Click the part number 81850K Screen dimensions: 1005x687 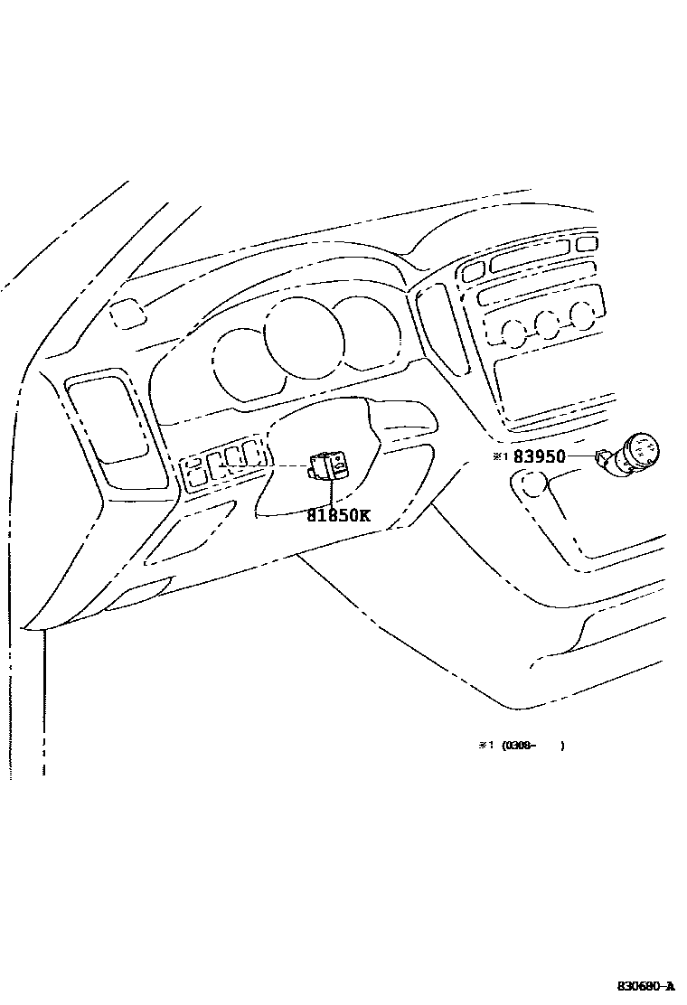point(338,516)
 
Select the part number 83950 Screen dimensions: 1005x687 point(539,457)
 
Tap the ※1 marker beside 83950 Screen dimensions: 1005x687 point(500,457)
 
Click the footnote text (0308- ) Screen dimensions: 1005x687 point(533,746)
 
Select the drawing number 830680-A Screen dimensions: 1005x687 point(646,985)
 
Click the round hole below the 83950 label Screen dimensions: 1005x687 point(532,484)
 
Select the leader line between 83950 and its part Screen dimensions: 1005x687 point(579,457)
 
